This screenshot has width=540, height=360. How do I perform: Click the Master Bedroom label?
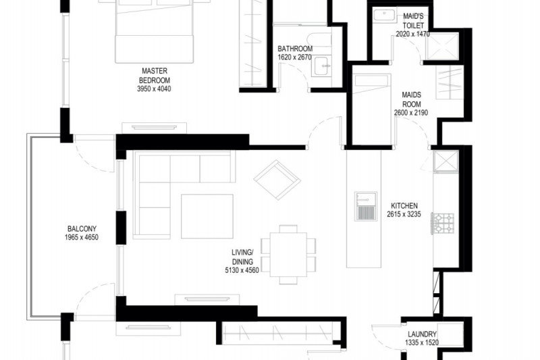coord(155,76)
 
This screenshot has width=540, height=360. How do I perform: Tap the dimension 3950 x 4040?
coord(154,89)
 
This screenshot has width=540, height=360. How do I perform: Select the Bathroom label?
coord(295,49)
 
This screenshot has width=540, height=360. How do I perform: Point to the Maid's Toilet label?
coord(413,21)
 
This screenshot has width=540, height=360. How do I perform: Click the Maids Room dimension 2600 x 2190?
coord(411,113)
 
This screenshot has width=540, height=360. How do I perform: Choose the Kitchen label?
coord(404,205)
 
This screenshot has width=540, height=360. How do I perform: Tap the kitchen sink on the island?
coord(366,207)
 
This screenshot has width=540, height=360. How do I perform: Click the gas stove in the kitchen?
coord(443,224)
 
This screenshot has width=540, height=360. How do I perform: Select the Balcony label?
coord(82,229)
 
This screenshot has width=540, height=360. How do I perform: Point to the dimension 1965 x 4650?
coord(82,237)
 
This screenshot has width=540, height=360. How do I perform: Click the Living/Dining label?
coord(242,257)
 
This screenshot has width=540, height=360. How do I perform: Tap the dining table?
coord(288,255)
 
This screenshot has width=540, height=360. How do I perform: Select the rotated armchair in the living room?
coord(277,180)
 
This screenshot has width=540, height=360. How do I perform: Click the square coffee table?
coord(207,216)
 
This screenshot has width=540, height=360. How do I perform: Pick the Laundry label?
coord(423,334)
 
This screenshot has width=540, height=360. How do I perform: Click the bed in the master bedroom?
coord(154,32)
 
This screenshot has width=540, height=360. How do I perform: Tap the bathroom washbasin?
coord(322,66)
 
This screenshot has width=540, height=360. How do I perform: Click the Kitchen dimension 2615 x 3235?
coord(404,214)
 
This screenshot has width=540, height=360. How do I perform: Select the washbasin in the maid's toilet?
coord(384,16)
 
